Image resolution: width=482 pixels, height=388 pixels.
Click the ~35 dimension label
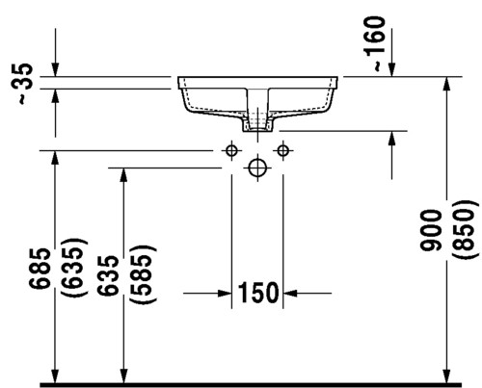click(25, 84)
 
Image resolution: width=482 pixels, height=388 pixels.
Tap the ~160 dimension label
click(375, 43)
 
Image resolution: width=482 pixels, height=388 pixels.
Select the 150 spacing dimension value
click(257, 293)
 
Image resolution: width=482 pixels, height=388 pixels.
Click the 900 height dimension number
click(431, 230)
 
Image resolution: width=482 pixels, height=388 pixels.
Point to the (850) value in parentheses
click(463, 229)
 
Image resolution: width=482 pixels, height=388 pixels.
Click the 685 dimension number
click(40, 269)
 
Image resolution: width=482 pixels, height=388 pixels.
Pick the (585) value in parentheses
click(143, 273)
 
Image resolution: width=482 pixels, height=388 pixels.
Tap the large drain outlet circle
click(257, 168)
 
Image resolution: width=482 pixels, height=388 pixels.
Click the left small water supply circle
click(231, 150)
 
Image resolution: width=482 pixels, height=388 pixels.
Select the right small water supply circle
click(283, 150)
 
